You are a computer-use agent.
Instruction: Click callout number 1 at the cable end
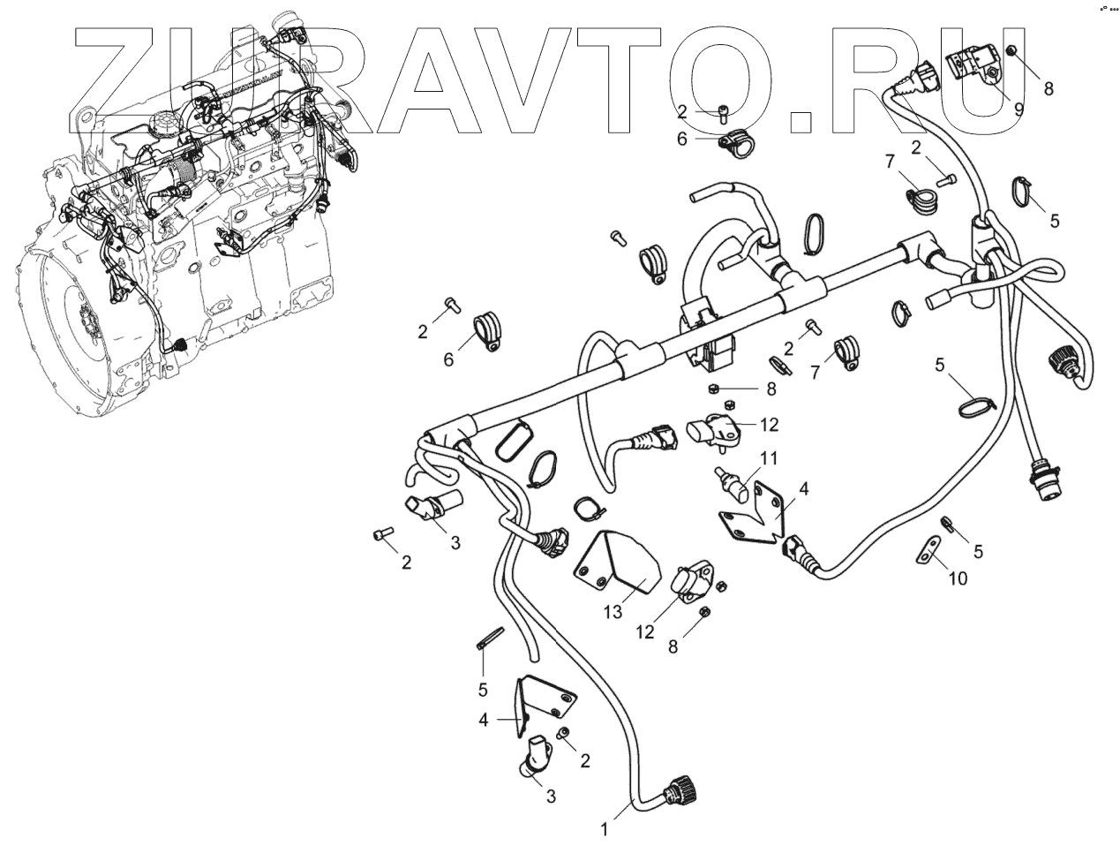pos(605,829)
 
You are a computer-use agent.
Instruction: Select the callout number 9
pos(1019,110)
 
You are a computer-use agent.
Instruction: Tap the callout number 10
pos(958,578)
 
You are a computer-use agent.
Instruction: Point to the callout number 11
pos(770,457)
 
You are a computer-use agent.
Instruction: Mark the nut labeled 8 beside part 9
pos(1013,50)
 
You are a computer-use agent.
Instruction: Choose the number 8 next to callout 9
pos(1049,88)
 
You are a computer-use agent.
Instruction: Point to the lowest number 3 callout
pos(551,797)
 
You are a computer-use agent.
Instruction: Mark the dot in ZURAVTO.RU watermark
pos(799,121)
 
